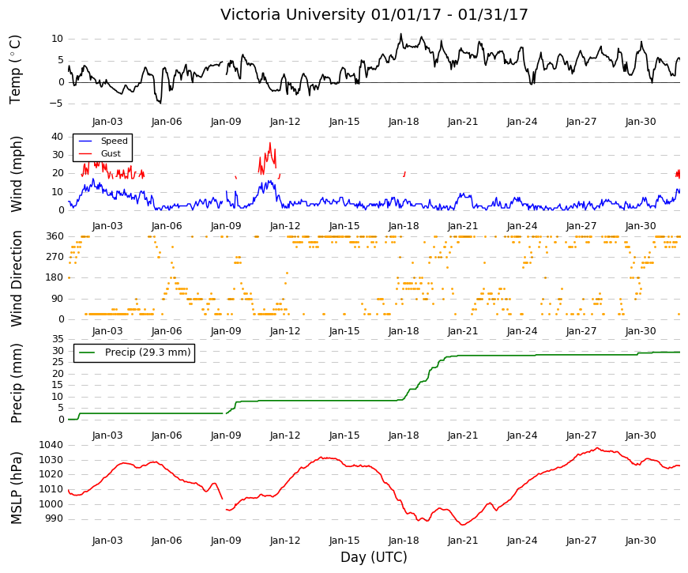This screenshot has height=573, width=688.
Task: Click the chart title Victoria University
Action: pyautogui.click(x=294, y=15)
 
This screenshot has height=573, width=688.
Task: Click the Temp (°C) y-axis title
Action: pyautogui.click(x=15, y=70)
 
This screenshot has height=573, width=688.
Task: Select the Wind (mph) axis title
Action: pyautogui.click(x=17, y=175)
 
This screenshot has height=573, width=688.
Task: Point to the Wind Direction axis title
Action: pyautogui.click(x=17, y=278)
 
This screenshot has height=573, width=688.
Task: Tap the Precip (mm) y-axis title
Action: pyautogui.click(x=17, y=383)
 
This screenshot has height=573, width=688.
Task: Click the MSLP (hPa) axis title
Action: pyautogui.click(x=17, y=488)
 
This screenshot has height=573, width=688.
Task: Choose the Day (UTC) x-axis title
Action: pyautogui.click(x=374, y=557)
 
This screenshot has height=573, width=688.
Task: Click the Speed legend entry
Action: pyautogui.click(x=103, y=141)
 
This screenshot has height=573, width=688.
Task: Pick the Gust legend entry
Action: pyautogui.click(x=100, y=153)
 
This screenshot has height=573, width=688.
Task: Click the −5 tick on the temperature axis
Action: pyautogui.click(x=56, y=104)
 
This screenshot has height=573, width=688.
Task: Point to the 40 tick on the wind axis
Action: pyautogui.click(x=58, y=137)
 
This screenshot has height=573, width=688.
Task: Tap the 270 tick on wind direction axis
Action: pyautogui.click(x=55, y=257)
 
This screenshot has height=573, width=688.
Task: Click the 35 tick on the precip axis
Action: pyautogui.click(x=58, y=339)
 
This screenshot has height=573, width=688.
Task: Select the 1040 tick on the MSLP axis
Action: pyautogui.click(x=51, y=445)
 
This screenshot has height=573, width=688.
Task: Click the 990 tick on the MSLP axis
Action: pyautogui.click(x=54, y=519)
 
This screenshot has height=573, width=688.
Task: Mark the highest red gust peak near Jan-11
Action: pyautogui.click(x=270, y=143)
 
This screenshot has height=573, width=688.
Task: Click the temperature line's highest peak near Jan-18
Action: pyautogui.click(x=400, y=34)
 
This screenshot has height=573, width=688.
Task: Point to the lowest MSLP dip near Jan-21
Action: pyautogui.click(x=462, y=525)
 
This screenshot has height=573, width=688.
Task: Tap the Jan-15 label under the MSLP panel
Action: pyautogui.click(x=344, y=541)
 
